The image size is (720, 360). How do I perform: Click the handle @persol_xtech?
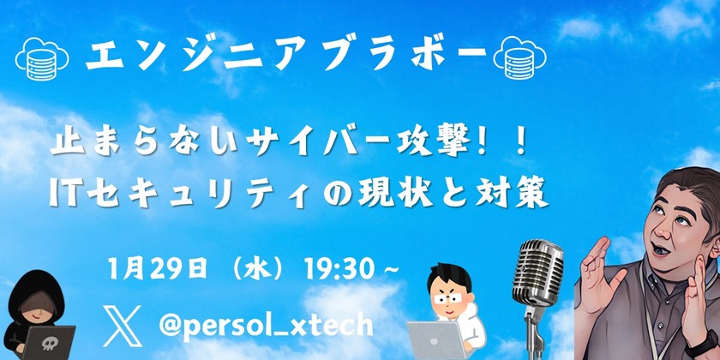[x=267, y=325]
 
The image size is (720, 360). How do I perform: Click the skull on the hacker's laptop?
[x=46, y=344]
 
